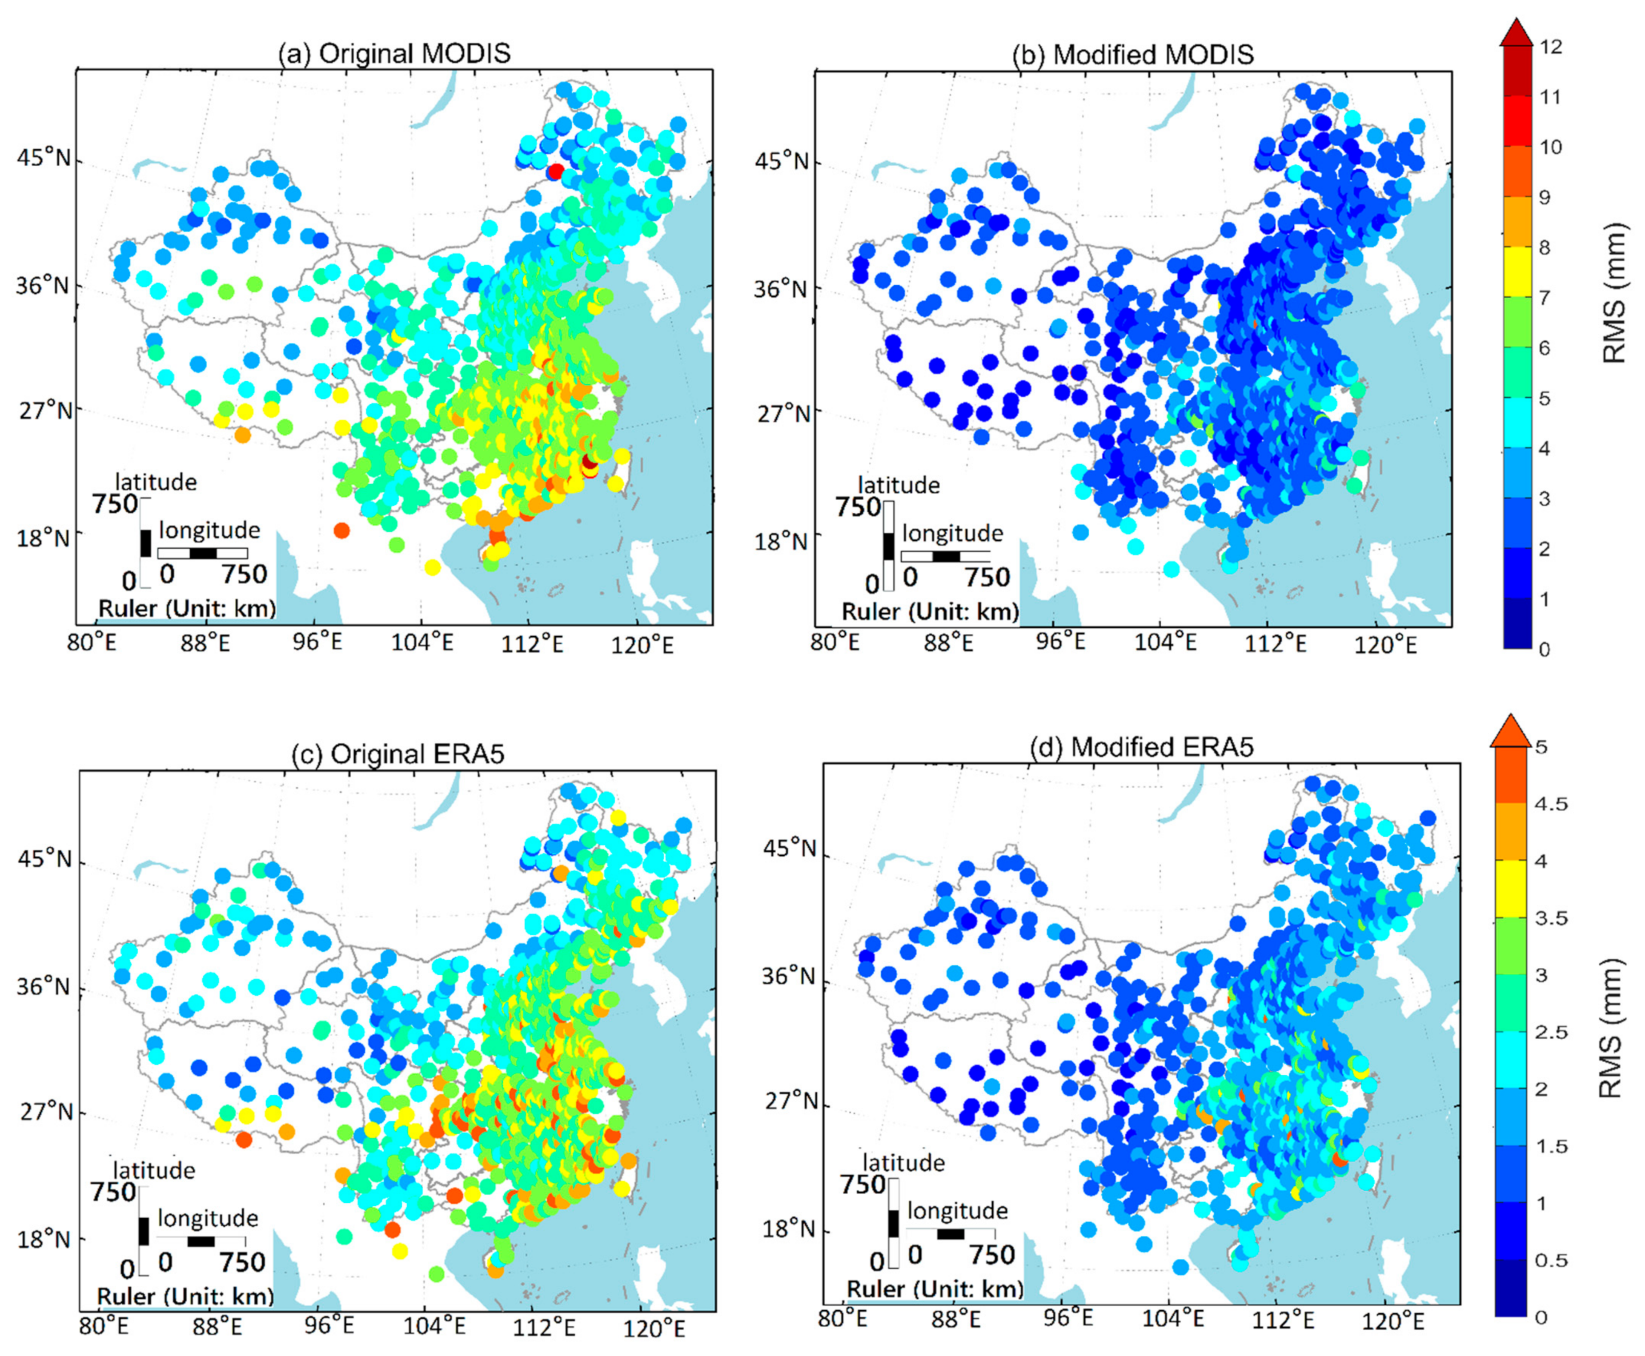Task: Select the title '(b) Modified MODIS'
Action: (1133, 55)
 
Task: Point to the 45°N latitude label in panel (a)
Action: (44, 159)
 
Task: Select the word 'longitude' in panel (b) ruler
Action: (952, 534)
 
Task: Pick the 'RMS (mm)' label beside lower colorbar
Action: (1610, 1027)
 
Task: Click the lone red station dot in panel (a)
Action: (556, 171)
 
